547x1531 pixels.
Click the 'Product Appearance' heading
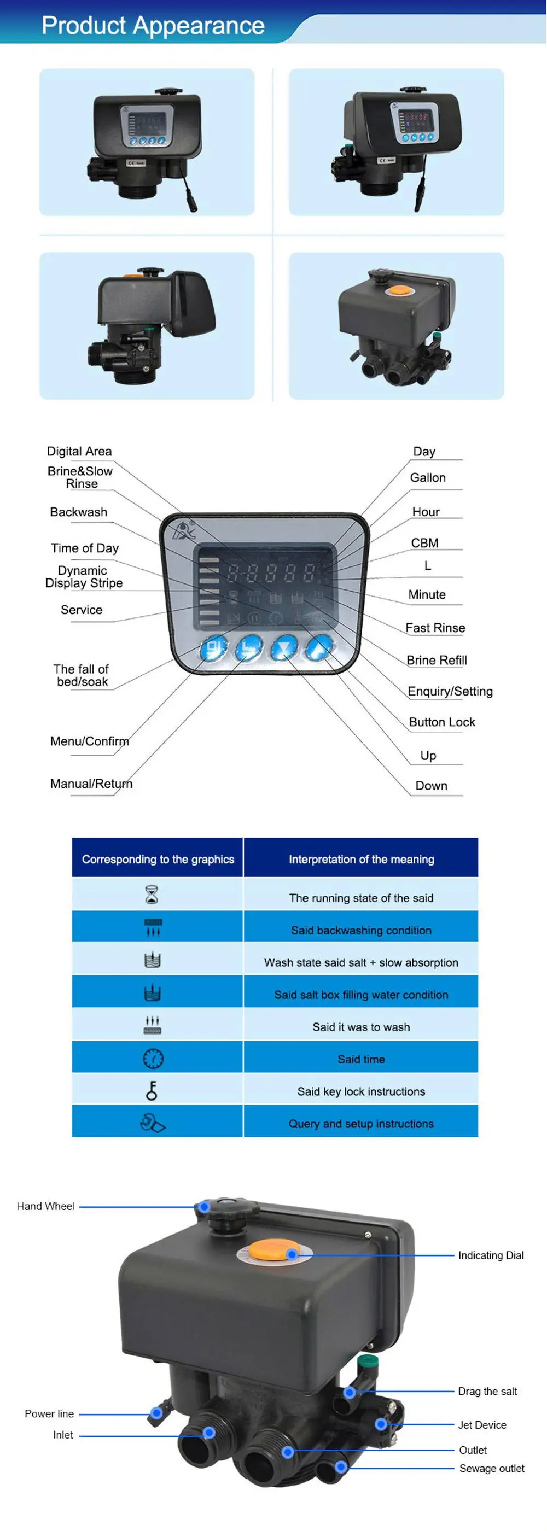point(153,26)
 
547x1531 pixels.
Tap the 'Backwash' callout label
point(78,512)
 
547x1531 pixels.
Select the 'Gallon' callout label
point(428,477)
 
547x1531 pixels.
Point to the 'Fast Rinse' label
point(435,628)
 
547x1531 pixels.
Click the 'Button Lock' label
point(442,722)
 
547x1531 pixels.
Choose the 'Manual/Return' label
point(91,784)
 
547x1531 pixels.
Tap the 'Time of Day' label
point(84,547)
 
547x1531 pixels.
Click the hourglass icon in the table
point(152,894)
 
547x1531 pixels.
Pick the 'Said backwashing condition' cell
point(361,930)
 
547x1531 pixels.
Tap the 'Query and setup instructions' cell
point(361,1123)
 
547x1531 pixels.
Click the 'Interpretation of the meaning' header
point(361,859)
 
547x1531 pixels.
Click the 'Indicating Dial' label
point(491,1255)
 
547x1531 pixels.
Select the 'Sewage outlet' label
point(492,1468)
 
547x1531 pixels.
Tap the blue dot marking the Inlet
point(209,1433)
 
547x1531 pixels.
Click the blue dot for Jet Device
point(381,1424)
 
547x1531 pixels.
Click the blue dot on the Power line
point(156,1413)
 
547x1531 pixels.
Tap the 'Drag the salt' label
point(487,1392)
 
